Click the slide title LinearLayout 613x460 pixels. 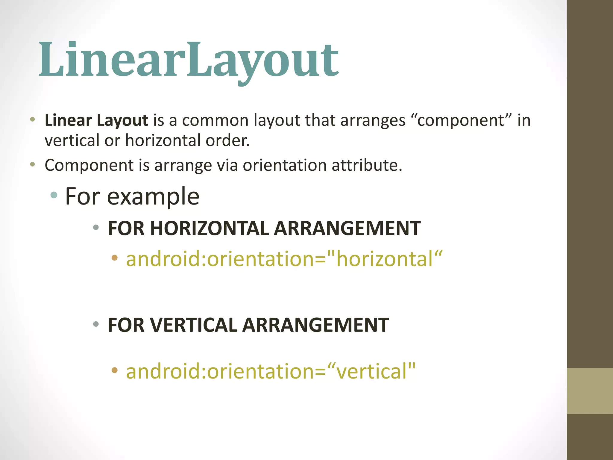click(189, 60)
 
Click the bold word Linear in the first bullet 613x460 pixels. click(68, 120)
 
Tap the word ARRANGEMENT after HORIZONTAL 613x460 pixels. click(347, 229)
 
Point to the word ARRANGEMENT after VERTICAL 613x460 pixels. click(315, 325)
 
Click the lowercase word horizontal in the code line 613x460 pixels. click(385, 259)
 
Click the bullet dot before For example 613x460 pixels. click(54, 195)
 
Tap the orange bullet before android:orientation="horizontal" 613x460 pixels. click(114, 258)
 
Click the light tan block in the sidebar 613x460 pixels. click(590, 391)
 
